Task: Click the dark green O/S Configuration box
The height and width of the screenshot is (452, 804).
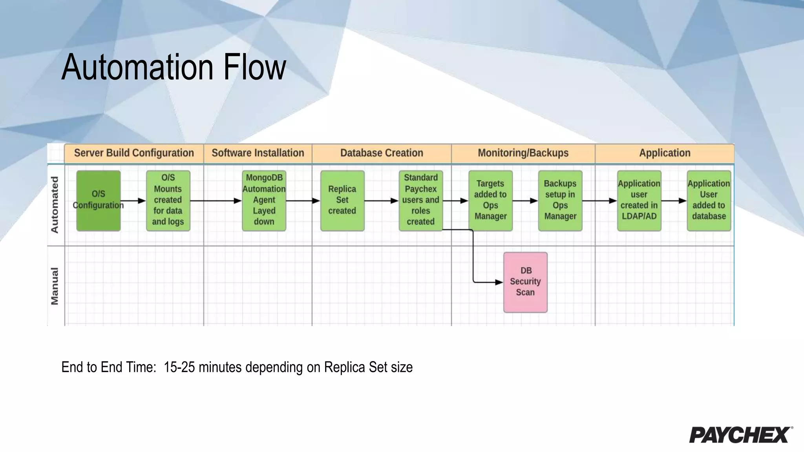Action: (x=98, y=200)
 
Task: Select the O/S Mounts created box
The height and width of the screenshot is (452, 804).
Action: (x=168, y=200)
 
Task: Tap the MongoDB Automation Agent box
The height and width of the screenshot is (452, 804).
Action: (x=264, y=200)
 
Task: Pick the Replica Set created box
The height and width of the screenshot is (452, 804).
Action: (x=342, y=200)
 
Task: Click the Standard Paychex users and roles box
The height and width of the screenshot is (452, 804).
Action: (x=420, y=200)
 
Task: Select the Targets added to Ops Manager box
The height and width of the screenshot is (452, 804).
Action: (x=490, y=200)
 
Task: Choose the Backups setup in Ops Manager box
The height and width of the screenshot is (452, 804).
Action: (x=560, y=200)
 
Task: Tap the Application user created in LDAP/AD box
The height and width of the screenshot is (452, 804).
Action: (x=639, y=200)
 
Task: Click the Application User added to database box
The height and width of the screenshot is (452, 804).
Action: (x=709, y=200)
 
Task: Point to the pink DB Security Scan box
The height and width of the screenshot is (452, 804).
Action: (x=525, y=282)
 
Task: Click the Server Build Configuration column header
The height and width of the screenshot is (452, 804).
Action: (x=134, y=153)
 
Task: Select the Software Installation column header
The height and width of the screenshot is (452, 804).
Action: (x=258, y=153)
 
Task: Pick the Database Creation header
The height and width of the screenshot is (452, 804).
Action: (x=382, y=153)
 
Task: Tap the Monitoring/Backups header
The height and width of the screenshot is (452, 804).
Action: (x=523, y=153)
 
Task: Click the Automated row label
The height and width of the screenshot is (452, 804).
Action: (x=55, y=204)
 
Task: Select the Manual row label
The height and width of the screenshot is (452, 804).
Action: (x=55, y=286)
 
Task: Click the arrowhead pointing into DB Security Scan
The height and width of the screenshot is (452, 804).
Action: (x=499, y=282)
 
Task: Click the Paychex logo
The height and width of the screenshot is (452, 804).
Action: (x=740, y=434)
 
